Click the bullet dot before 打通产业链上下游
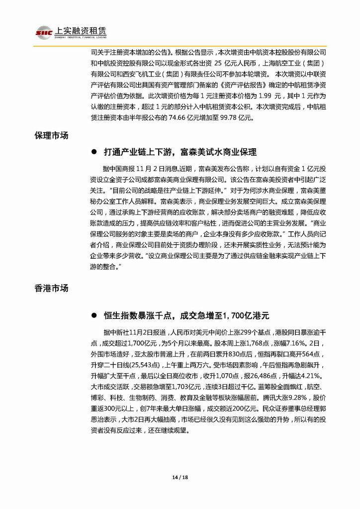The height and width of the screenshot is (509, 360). point(93,152)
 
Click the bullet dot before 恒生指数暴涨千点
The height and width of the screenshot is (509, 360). point(93,315)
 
